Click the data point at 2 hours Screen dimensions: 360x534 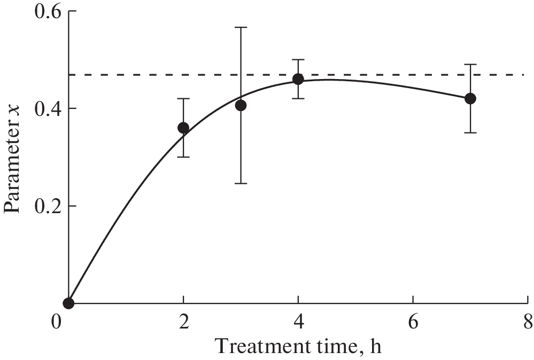click(183, 128)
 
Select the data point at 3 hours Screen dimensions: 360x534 click(241, 105)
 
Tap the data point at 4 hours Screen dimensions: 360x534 click(298, 79)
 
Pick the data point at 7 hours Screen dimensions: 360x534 click(470, 98)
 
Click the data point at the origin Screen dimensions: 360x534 click(68, 303)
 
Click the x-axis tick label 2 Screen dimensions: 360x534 click(183, 323)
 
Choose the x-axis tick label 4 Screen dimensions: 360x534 click(298, 323)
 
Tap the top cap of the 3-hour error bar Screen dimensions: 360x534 click(241, 27)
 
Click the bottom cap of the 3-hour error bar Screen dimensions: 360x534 click(241, 183)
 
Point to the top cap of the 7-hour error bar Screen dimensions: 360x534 click(470, 64)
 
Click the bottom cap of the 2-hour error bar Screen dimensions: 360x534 click(183, 156)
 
